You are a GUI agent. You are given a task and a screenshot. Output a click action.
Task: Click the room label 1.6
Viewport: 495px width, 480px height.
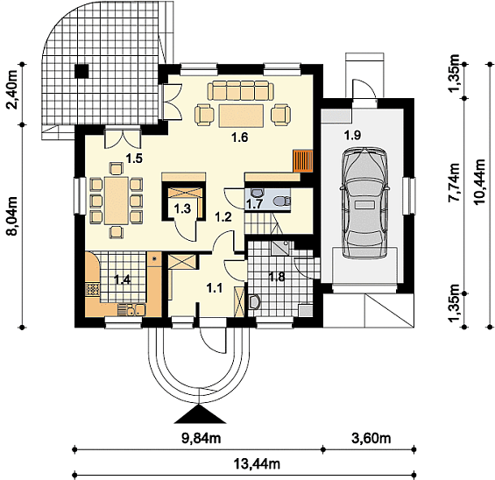[239, 138]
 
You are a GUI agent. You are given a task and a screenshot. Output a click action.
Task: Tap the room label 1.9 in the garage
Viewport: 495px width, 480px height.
[352, 136]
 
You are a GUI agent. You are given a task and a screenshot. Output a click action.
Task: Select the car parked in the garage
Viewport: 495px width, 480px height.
[364, 202]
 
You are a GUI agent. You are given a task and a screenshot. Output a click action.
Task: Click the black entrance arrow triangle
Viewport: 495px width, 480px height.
[200, 413]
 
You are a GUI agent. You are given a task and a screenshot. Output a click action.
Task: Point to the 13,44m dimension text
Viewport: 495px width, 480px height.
[257, 464]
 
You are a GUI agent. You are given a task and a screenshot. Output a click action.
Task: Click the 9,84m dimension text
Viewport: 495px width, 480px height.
[202, 438]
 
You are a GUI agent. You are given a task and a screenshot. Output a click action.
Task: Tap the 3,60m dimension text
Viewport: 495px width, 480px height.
[371, 438]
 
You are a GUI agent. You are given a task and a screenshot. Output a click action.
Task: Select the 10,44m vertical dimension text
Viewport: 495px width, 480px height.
[479, 181]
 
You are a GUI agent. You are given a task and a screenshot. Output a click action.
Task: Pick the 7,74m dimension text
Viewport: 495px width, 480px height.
[455, 182]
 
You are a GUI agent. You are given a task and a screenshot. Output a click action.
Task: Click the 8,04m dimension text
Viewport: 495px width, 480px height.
[12, 215]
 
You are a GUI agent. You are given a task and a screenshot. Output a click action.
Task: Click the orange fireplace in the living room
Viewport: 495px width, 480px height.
[303, 161]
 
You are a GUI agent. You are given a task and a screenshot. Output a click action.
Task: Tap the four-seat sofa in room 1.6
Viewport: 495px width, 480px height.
[241, 90]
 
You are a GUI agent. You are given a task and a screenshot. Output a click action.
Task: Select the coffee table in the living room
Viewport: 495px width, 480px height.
[241, 116]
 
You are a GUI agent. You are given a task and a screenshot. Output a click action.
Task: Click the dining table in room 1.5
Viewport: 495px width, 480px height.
[117, 201]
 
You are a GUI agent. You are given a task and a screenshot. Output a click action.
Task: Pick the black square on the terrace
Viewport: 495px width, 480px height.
[81, 70]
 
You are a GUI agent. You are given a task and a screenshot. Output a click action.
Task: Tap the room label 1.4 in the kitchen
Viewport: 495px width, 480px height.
[122, 279]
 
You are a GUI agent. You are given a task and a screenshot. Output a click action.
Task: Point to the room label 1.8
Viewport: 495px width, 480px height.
[277, 277]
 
